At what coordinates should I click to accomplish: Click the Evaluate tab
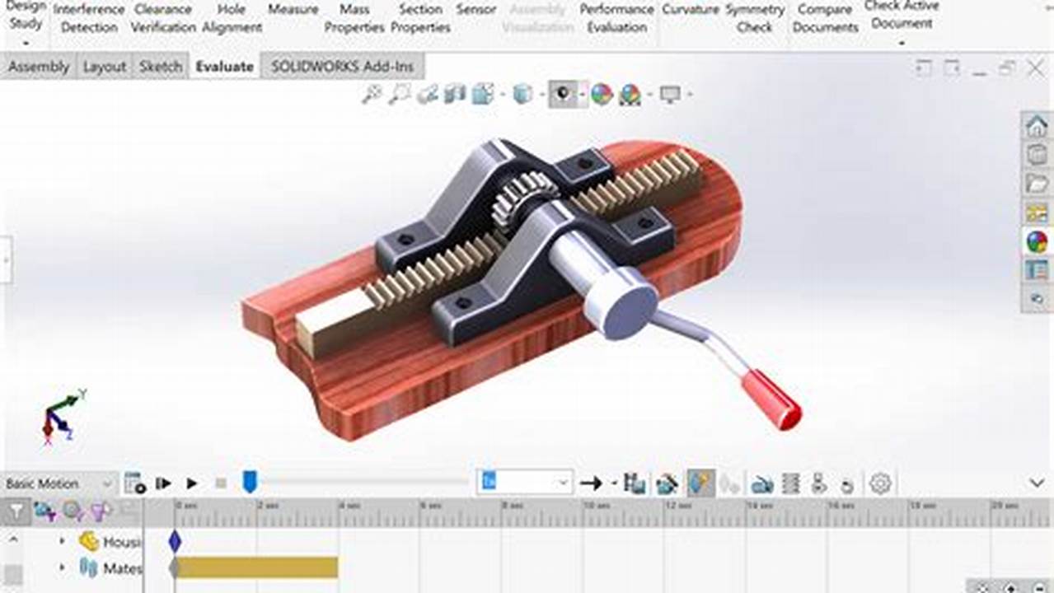[224, 67]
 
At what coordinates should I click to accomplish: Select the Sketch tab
[161, 67]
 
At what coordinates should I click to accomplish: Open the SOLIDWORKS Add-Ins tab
[342, 67]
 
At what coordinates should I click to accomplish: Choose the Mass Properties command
[354, 18]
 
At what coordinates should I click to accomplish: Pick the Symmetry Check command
[755, 18]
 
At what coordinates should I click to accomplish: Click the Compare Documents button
[825, 18]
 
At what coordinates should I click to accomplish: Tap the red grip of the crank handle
[771, 400]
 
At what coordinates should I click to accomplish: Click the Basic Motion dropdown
[58, 483]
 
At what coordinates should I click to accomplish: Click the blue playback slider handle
[250, 482]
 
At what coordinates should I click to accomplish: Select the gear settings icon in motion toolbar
[880, 483]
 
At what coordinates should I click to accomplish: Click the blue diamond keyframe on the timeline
[175, 541]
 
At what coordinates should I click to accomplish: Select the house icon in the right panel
[1036, 126]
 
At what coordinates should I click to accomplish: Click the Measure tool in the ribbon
[293, 10]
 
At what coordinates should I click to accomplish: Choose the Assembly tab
[39, 67]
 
